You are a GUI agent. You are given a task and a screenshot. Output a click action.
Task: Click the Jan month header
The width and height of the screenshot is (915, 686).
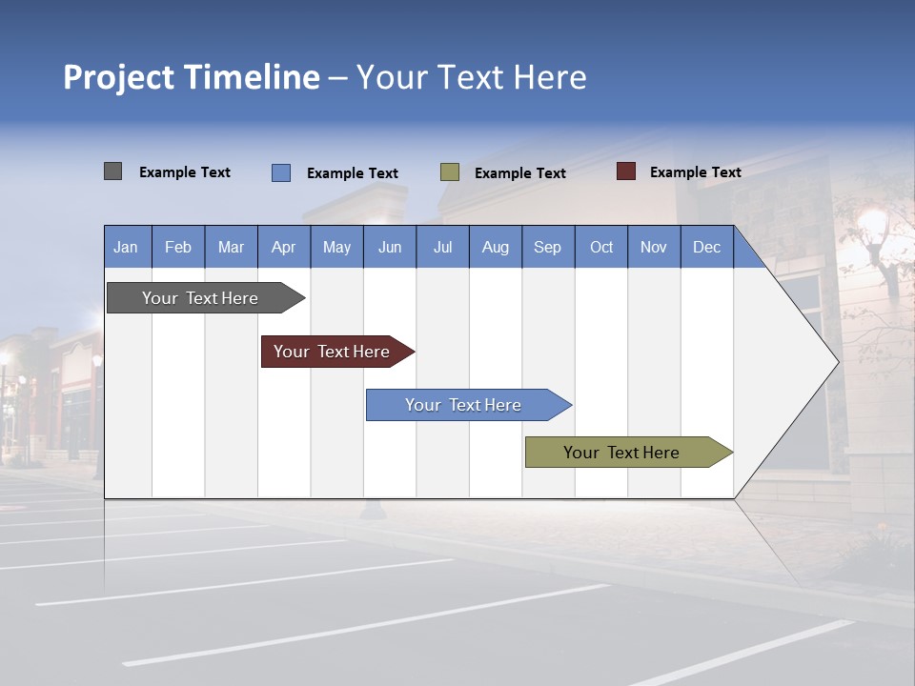(x=127, y=248)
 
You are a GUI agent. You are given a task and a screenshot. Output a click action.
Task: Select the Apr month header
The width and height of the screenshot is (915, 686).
(x=283, y=248)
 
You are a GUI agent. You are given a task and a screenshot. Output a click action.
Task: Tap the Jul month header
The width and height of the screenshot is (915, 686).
(x=442, y=248)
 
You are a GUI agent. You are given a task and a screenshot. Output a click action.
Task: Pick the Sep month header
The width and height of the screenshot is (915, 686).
(x=547, y=248)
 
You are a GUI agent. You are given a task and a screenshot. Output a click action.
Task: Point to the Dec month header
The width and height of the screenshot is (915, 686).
(x=706, y=248)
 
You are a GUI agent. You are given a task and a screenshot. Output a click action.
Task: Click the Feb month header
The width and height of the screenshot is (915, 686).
(x=178, y=248)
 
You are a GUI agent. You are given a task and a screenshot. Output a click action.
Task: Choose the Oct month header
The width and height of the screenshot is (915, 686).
(x=601, y=248)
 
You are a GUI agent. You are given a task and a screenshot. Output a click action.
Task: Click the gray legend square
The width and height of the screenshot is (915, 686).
(x=113, y=171)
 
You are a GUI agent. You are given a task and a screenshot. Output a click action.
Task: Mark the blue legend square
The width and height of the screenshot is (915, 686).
(x=281, y=172)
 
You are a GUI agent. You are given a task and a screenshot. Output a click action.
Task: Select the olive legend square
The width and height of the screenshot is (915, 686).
(x=450, y=172)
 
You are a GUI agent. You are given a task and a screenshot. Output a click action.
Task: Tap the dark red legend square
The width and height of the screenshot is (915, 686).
(x=626, y=171)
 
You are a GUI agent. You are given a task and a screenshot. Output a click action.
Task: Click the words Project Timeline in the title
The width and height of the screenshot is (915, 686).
(x=192, y=77)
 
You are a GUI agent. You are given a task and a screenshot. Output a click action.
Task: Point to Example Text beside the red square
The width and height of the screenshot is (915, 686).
(x=696, y=172)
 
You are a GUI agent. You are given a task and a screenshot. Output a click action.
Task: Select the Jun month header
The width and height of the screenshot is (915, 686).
(x=390, y=248)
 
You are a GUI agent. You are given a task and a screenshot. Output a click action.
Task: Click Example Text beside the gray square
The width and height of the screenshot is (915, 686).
(x=185, y=172)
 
